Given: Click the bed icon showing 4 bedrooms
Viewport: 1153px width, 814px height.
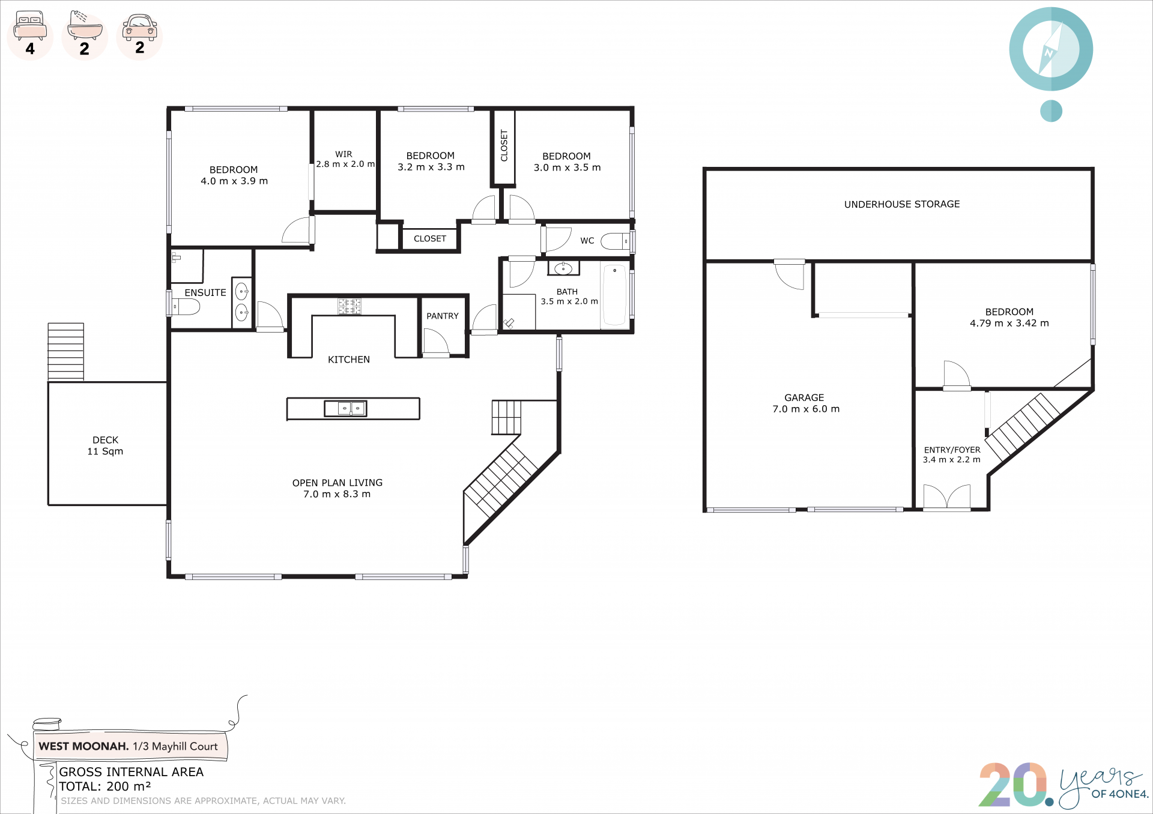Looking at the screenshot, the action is [30, 25].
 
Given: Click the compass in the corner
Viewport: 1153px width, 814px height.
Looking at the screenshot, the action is [1051, 49].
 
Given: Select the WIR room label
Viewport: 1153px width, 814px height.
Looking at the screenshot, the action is [344, 154].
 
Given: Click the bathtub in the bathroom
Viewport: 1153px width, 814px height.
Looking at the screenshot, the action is [614, 295].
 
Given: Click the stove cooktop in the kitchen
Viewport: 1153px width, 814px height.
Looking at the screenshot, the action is [350, 306].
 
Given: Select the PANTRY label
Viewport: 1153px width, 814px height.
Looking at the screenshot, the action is [443, 316].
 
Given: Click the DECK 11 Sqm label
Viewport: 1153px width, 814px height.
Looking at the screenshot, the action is [105, 445].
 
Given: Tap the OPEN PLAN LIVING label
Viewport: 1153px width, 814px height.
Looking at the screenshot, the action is [337, 483].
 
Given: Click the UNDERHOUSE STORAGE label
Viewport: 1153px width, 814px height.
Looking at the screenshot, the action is [902, 204].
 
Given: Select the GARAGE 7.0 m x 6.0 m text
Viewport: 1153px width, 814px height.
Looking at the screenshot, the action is [806, 403].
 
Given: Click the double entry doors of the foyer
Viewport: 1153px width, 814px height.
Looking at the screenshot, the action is [947, 497].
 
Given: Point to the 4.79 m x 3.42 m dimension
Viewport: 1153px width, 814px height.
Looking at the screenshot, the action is [1009, 323].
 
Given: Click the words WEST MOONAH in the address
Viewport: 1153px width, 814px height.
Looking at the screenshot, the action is [83, 746].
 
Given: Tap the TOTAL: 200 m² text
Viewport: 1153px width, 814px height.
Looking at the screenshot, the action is [105, 786].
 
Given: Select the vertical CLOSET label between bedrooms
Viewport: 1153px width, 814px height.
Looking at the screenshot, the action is [504, 146].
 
